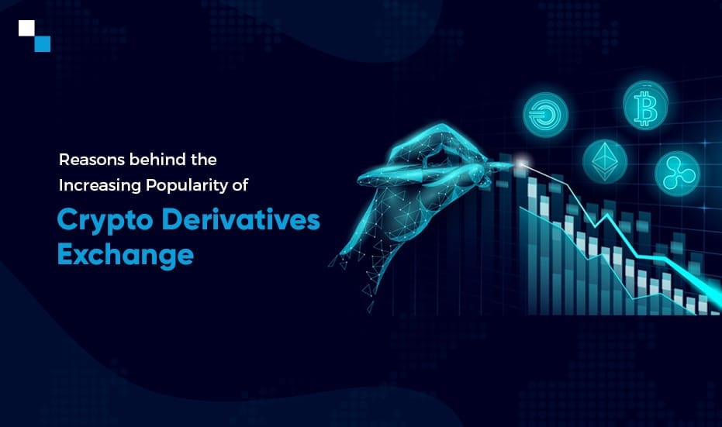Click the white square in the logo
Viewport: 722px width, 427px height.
click(26, 28)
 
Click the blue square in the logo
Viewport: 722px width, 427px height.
click(43, 43)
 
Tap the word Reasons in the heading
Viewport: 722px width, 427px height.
click(92, 160)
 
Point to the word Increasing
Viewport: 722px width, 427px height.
click(100, 185)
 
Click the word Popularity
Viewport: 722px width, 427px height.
click(187, 185)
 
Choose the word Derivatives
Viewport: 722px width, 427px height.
click(241, 219)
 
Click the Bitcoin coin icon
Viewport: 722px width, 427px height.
click(645, 105)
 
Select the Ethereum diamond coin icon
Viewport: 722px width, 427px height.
click(605, 161)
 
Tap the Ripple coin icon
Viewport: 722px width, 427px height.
click(677, 174)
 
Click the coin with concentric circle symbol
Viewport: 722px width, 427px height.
click(545, 115)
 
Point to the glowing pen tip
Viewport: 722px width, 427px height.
click(521, 163)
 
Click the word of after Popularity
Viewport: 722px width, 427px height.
click(241, 185)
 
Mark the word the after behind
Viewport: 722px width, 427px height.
click(203, 159)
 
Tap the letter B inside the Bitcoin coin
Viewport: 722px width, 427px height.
click(645, 108)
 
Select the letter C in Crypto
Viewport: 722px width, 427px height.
click(67, 219)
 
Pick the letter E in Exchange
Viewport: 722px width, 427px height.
click(66, 254)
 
